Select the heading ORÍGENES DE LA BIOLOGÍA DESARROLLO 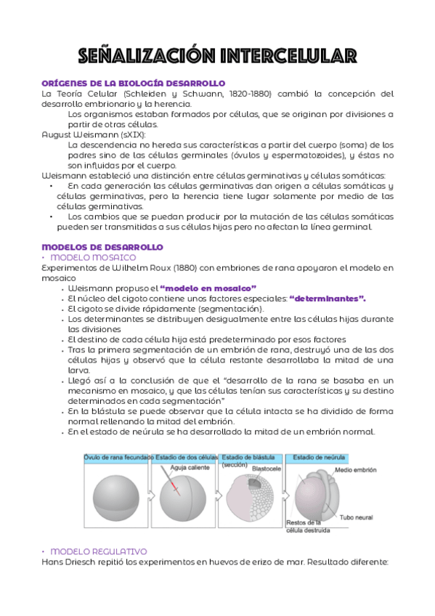coord(133,83)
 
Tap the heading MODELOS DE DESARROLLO coord(102,247)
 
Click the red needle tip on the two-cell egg coord(175,487)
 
